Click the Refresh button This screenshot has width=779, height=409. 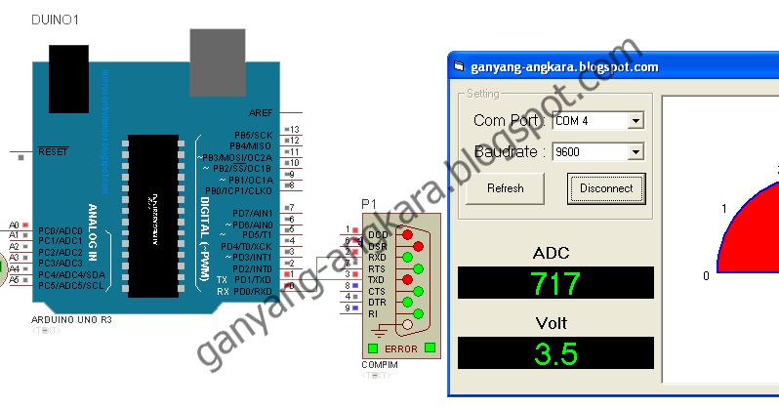[x=505, y=188]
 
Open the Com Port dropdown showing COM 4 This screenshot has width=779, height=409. [x=598, y=121]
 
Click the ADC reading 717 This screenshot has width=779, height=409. [x=555, y=284]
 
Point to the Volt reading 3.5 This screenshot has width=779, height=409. [x=555, y=353]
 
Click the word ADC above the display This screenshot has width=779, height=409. [x=551, y=254]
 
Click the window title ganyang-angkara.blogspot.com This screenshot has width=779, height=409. [x=564, y=67]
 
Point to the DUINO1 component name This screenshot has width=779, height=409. [x=57, y=20]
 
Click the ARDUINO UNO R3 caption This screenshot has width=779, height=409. [x=74, y=320]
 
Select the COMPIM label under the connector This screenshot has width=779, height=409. [x=379, y=365]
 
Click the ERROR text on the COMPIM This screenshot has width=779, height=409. [x=401, y=348]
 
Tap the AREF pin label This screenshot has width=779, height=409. [x=261, y=113]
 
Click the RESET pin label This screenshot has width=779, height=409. [x=53, y=152]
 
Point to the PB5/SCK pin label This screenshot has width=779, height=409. [x=252, y=135]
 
